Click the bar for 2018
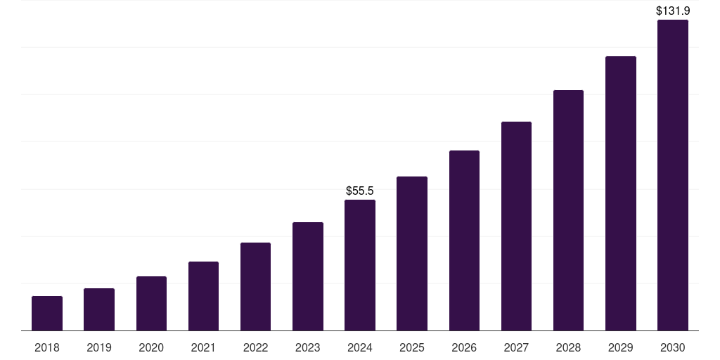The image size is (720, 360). (47, 313)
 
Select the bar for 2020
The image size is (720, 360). (151, 303)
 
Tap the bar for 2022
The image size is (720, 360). (255, 286)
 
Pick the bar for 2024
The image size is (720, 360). (360, 265)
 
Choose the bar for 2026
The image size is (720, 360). (464, 240)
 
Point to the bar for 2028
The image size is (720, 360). (568, 210)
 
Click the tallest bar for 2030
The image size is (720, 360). (672, 175)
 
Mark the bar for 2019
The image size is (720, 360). (99, 309)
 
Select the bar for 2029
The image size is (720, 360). (620, 193)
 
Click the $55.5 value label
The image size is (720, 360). (360, 191)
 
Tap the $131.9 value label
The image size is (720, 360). (672, 11)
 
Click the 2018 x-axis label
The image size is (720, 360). (47, 347)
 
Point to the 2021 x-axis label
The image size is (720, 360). (203, 347)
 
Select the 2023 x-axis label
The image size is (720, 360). (307, 347)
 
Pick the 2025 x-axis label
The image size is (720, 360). (412, 347)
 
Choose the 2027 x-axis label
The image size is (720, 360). (516, 347)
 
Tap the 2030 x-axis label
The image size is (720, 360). (672, 347)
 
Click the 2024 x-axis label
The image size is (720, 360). (360, 347)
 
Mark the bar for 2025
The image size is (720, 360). (412, 253)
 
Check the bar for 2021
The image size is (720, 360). (203, 296)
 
